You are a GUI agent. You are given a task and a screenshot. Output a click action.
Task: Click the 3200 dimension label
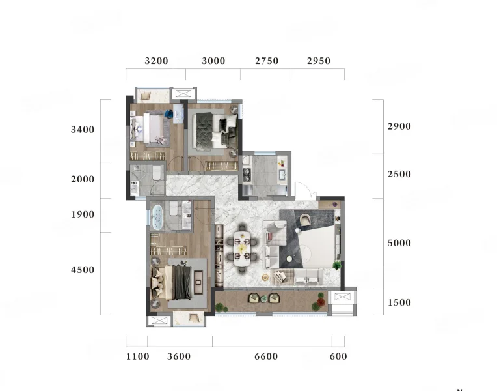[x=156, y=61]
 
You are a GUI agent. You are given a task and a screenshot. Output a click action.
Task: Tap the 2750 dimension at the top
[x=267, y=61]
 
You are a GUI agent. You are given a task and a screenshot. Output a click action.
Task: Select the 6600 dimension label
[x=266, y=356]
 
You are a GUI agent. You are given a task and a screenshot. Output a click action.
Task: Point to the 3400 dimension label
[x=83, y=130]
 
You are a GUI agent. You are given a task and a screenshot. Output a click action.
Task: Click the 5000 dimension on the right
[x=399, y=243]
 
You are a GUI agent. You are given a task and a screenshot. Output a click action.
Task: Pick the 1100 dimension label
[x=137, y=356]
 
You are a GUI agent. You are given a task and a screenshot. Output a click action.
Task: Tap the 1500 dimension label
[x=399, y=302]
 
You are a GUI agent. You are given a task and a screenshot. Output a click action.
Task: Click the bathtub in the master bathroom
[x=157, y=217]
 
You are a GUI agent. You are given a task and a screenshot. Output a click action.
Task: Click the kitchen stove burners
[x=247, y=175]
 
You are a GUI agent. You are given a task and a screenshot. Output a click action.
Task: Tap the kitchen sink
[x=282, y=175]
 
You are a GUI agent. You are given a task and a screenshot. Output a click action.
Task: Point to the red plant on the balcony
[x=321, y=302]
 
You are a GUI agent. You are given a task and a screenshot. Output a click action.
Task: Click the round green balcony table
[x=263, y=298]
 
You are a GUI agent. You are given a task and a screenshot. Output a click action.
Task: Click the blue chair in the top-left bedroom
[x=168, y=114]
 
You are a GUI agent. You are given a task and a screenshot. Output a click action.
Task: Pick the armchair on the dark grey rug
[x=305, y=220]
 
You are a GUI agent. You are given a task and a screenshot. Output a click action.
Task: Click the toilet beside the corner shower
[x=157, y=173]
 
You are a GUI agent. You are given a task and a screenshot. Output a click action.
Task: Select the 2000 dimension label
[x=83, y=179]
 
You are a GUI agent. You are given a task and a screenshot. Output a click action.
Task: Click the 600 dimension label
[x=338, y=356]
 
